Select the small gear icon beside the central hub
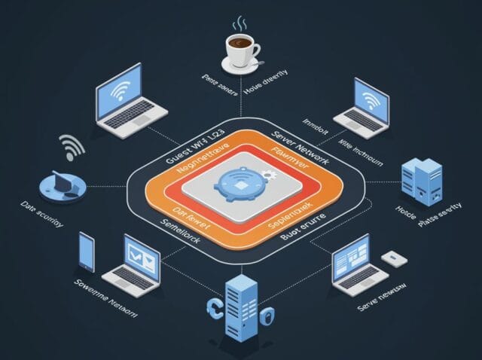pyautogui.click(x=268, y=175)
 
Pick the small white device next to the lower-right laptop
pyautogui.click(x=392, y=258)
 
